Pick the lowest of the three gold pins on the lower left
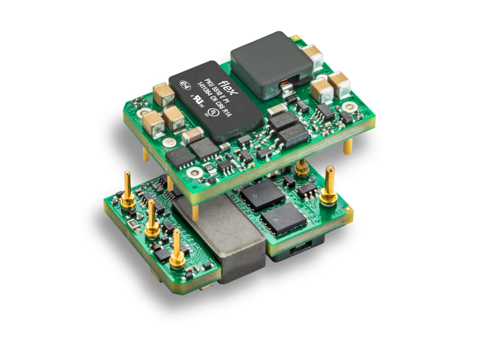(x=176, y=248)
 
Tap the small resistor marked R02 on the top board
(x=208, y=165)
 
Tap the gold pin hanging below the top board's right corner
(x=348, y=146)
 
